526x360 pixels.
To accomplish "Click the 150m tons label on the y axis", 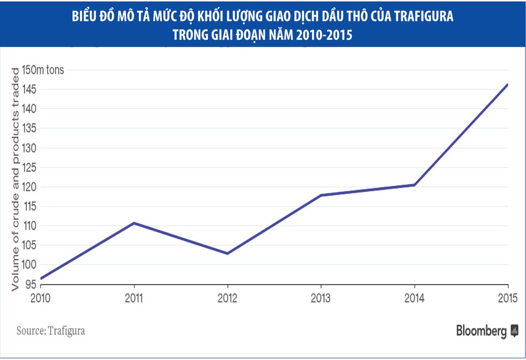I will [43, 70].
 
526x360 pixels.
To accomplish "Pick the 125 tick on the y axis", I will [29, 167].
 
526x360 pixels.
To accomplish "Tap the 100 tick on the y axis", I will [29, 265].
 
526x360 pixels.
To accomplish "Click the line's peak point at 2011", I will [134, 223].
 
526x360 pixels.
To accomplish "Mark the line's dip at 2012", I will [228, 254].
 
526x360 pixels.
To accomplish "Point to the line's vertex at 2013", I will [321, 195].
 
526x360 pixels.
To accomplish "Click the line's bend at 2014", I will [415, 185].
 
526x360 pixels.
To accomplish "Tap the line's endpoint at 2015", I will [508, 84].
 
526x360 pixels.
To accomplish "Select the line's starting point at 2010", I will [40, 279].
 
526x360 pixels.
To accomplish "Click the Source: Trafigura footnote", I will [51, 331].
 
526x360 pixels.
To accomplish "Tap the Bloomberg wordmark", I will [481, 331].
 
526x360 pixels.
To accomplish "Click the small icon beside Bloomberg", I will [514, 332].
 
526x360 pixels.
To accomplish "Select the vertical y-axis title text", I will [14, 177].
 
